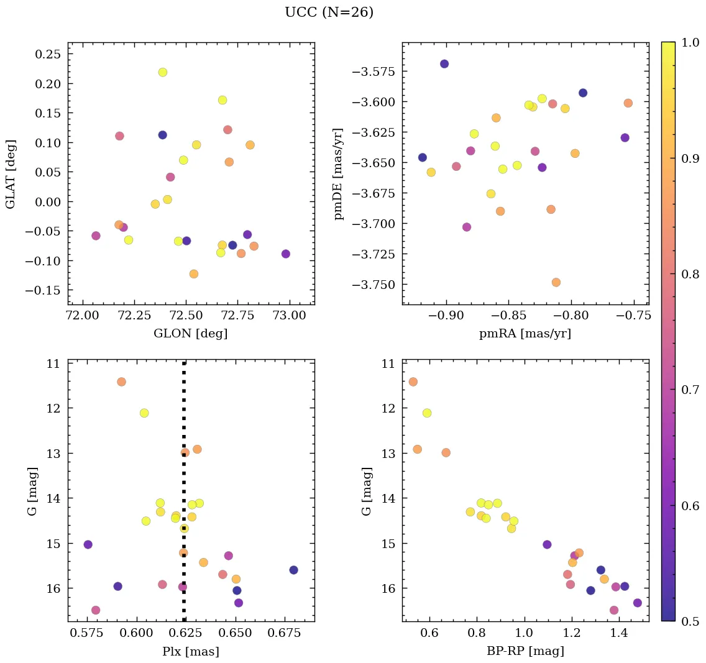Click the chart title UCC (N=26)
329,12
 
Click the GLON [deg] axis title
190,334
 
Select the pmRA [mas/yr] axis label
525,334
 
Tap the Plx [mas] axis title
190,651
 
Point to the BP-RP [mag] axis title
525,651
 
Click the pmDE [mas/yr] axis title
338,173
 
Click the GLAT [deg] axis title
11,173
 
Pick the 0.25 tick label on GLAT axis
48,54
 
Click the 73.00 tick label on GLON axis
290,316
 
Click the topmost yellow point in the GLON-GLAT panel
163,72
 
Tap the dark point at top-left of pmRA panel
444,64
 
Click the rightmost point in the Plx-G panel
293,570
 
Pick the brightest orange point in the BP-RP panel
413,382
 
